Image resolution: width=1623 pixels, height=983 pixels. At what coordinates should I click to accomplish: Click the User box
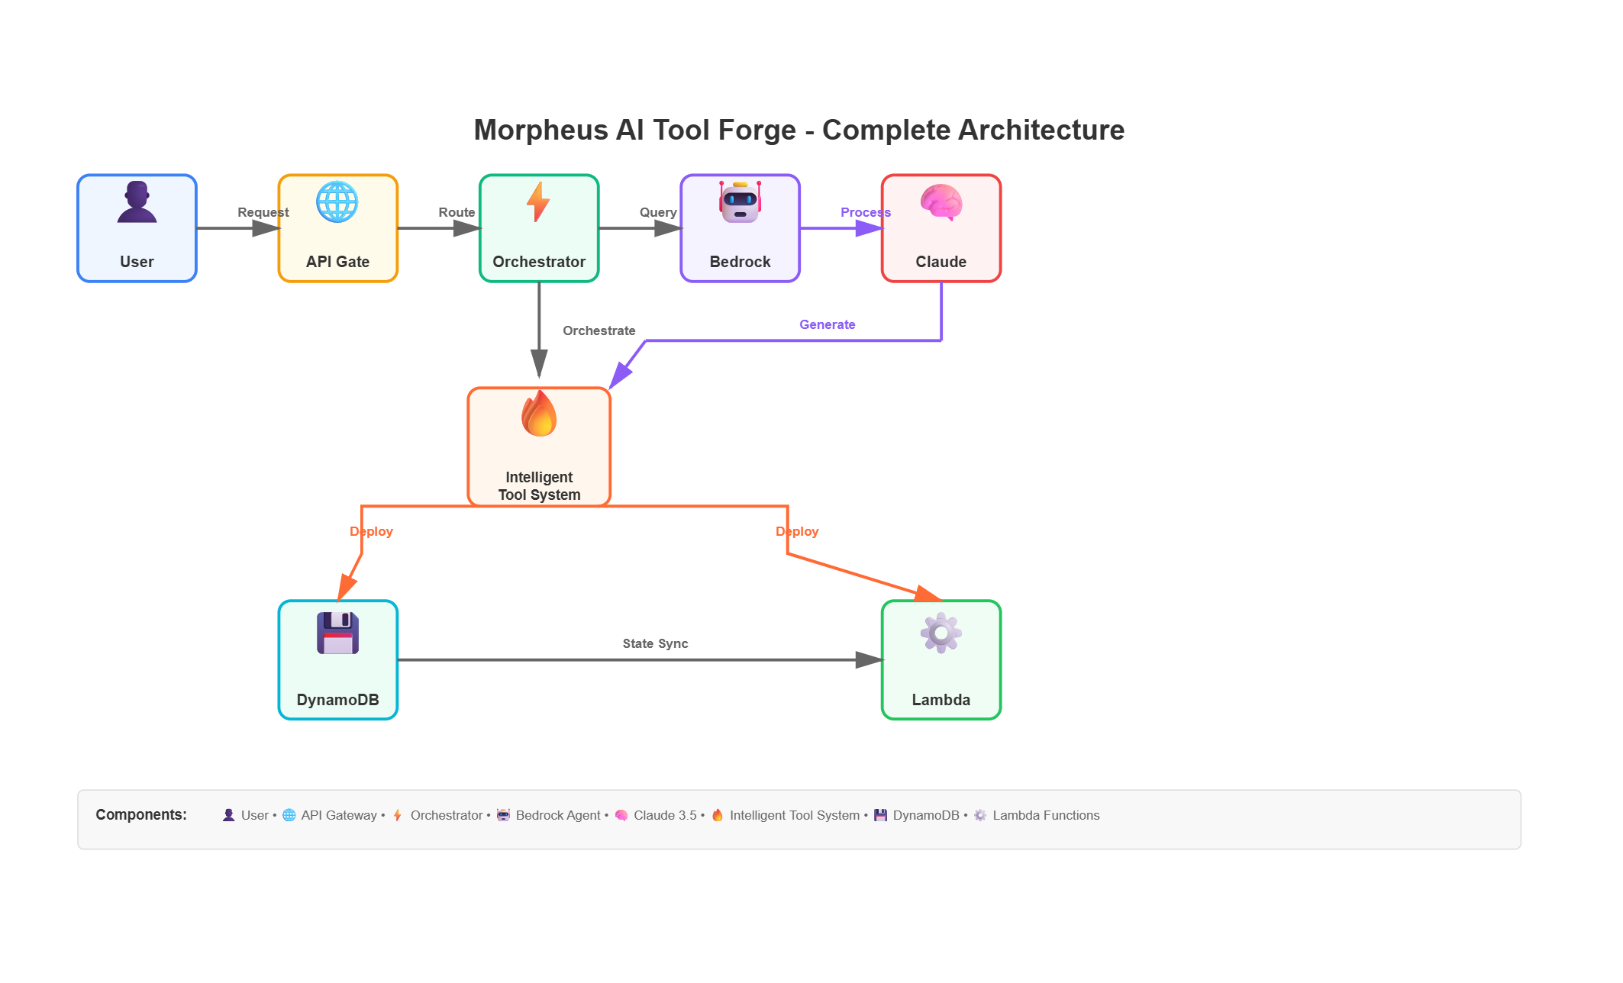[x=137, y=228]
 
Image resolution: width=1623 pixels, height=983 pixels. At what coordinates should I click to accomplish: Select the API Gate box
[x=338, y=228]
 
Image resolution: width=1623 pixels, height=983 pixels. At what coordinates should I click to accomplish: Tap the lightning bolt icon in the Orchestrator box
[x=538, y=202]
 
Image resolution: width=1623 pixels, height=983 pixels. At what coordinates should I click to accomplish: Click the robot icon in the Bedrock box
[x=740, y=202]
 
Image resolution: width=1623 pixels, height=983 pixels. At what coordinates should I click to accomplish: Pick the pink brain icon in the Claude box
[x=941, y=202]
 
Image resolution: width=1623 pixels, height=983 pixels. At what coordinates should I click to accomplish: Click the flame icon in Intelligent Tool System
[x=539, y=414]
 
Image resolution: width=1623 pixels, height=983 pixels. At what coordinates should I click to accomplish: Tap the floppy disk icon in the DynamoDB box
[x=337, y=633]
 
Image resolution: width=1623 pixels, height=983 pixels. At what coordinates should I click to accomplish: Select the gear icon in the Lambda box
[x=941, y=633]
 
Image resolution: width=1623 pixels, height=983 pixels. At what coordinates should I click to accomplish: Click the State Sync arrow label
[x=655, y=643]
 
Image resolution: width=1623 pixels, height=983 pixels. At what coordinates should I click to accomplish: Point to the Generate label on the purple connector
[x=827, y=324]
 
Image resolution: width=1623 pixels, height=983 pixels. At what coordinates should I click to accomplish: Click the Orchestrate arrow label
[x=599, y=330]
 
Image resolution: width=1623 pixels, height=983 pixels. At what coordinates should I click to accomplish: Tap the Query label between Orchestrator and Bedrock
[x=658, y=212]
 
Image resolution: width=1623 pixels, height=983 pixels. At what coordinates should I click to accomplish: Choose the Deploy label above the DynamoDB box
[x=371, y=531]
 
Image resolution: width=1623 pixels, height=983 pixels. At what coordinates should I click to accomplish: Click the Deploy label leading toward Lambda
[x=797, y=531]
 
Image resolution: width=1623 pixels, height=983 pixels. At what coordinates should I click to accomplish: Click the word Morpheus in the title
[x=539, y=130]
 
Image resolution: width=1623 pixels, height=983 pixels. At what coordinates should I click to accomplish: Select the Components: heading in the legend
[x=141, y=814]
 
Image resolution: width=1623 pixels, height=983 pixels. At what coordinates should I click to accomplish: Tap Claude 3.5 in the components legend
[x=665, y=815]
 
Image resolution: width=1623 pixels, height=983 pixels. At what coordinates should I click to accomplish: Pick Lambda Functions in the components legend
[x=1046, y=815]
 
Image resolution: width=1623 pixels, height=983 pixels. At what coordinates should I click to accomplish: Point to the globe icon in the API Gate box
[x=337, y=202]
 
